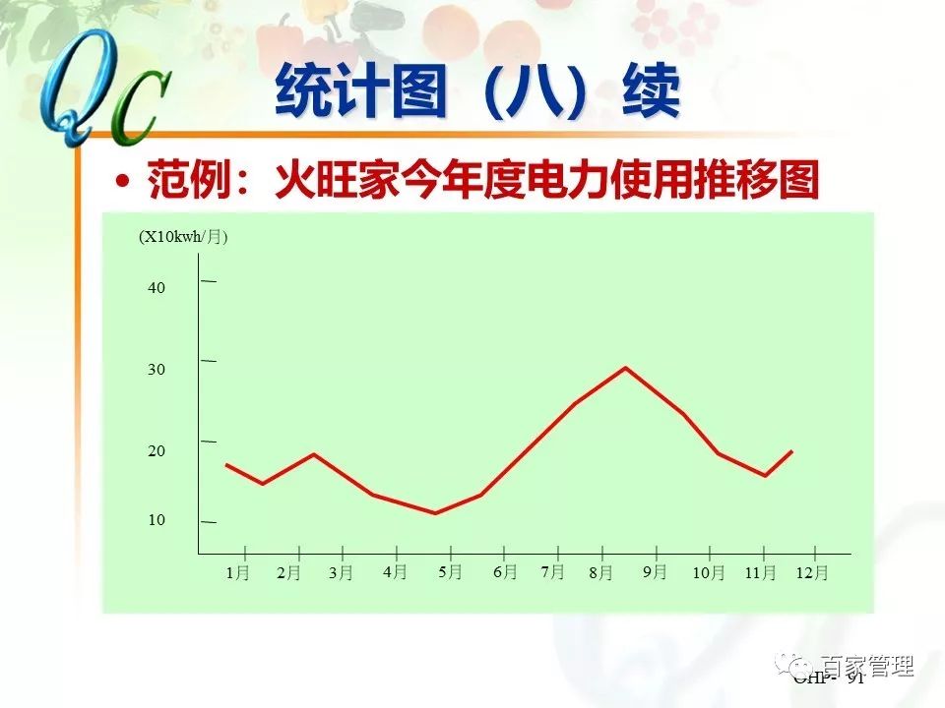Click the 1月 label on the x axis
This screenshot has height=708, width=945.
coord(237,572)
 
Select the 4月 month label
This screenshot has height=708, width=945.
coord(395,571)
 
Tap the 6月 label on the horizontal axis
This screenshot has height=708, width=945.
coord(505,571)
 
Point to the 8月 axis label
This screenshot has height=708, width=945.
coord(600,572)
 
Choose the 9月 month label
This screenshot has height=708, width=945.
coord(655,571)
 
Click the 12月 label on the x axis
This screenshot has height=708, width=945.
coord(813,572)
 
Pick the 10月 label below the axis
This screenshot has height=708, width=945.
coord(708,572)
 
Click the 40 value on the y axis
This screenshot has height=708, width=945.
coord(157,288)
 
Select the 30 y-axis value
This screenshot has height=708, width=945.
coord(157,370)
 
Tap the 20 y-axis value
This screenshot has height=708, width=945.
coord(157,451)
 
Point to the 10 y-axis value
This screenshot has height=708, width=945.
coord(157,520)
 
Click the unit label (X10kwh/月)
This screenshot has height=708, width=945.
coord(183,237)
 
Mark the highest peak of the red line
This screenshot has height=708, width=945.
coord(625,368)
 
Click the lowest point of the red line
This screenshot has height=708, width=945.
coord(435,512)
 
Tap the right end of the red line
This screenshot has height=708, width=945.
coord(791,451)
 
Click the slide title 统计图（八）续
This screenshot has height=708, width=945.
coord(477,93)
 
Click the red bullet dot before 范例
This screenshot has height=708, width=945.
coord(122,182)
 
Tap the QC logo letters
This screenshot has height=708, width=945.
coord(98,93)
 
